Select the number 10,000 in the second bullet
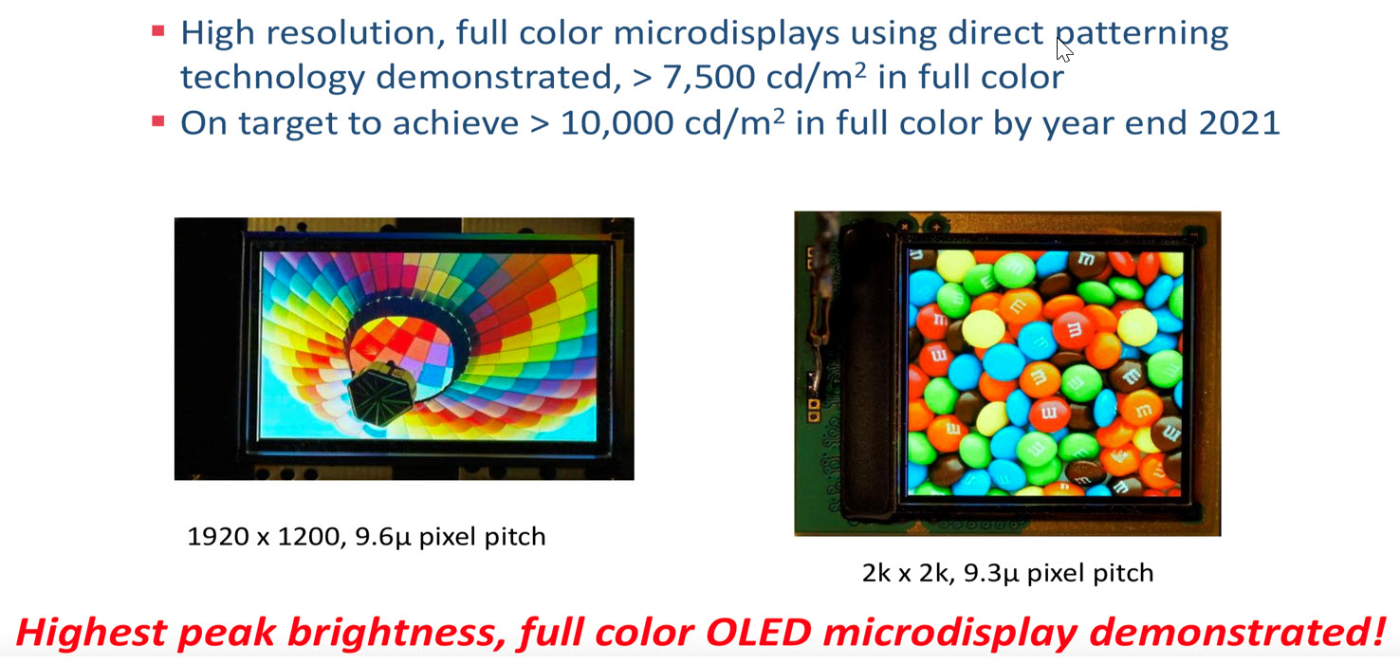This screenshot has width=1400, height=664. point(617,122)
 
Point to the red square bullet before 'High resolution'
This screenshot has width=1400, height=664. point(158,30)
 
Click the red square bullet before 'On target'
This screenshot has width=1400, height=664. point(158,120)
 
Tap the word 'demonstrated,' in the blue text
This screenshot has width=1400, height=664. point(498,77)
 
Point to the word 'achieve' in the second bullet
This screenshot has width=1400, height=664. point(455,122)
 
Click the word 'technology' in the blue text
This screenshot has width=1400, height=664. point(272,78)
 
